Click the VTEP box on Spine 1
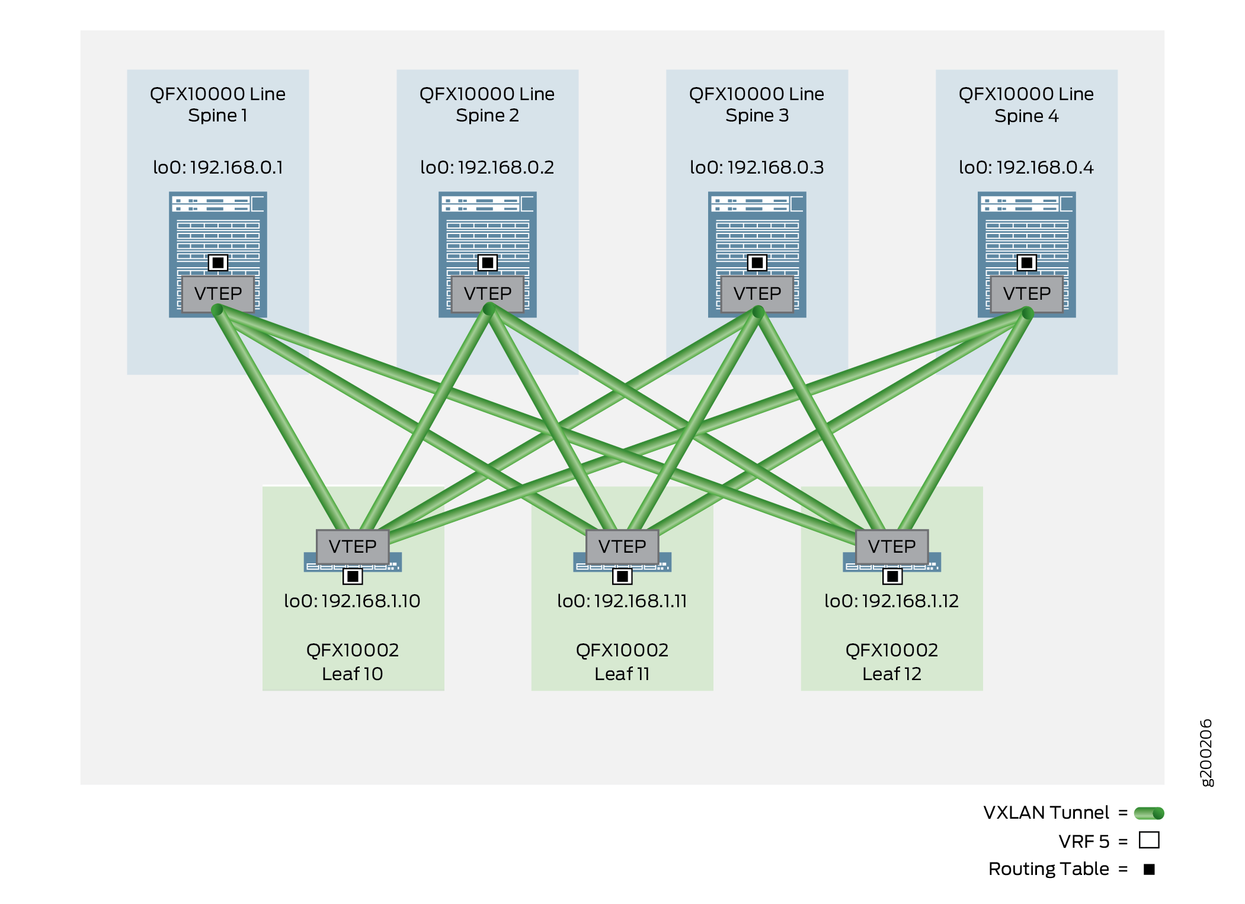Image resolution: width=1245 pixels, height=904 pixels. (217, 293)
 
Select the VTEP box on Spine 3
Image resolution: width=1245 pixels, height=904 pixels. (757, 293)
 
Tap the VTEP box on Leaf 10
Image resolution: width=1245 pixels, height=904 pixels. (352, 546)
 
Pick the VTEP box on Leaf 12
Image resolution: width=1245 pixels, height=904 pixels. (891, 546)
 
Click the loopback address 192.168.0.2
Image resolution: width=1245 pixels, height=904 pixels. (487, 168)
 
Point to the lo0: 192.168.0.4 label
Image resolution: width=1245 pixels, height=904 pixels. (1026, 168)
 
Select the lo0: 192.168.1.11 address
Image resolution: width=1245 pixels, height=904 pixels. (622, 601)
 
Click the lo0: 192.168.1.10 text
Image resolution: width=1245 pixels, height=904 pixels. (352, 601)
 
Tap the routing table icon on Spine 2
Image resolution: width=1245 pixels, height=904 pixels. (487, 262)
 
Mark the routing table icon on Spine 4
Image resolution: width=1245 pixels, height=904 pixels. (1026, 262)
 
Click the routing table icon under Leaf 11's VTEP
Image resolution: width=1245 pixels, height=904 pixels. (622, 576)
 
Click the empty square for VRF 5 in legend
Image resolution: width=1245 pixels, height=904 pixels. (1149, 841)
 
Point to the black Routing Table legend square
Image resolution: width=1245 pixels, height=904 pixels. (1149, 869)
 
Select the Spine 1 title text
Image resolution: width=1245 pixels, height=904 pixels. (217, 104)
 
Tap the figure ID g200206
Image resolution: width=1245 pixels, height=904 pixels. (1206, 752)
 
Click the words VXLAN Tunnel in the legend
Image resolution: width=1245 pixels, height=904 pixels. (1046, 813)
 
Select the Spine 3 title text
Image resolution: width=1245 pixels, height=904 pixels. (757, 104)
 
